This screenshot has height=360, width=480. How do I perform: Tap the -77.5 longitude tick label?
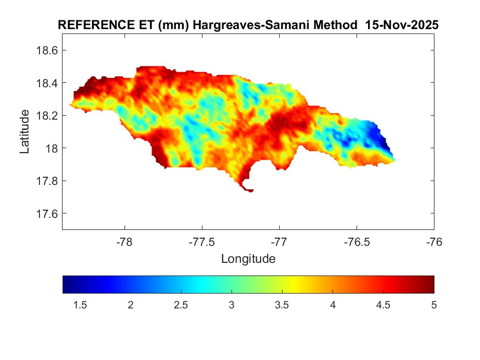pyautogui.click(x=202, y=241)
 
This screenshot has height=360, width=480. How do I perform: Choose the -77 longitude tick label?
pyautogui.click(x=279, y=241)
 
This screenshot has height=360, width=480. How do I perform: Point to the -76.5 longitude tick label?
pyautogui.click(x=357, y=241)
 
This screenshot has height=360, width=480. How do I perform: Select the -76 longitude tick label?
pyautogui.click(x=434, y=241)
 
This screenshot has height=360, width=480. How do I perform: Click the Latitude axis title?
pyautogui.click(x=25, y=132)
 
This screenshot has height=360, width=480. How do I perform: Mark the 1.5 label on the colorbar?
pyautogui.click(x=80, y=305)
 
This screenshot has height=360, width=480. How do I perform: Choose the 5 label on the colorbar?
pyautogui.click(x=434, y=305)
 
